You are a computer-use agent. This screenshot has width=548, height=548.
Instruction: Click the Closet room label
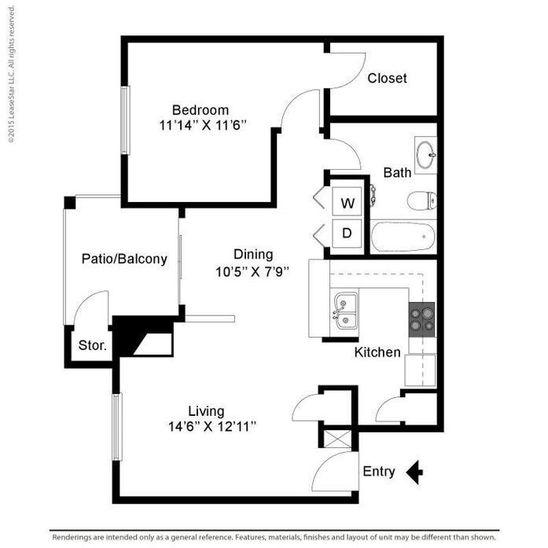[x=387, y=78]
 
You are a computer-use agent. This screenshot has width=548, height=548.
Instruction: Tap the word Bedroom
[x=200, y=110]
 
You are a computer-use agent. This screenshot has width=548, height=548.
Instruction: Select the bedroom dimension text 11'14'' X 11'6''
[x=203, y=124]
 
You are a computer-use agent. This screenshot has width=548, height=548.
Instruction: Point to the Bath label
[x=397, y=172]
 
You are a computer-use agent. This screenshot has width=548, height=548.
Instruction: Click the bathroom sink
[x=425, y=153]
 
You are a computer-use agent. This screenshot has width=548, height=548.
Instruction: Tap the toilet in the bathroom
[x=421, y=200]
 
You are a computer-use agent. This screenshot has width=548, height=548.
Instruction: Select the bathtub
[x=402, y=236]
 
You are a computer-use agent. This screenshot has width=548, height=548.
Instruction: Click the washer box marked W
[x=348, y=202]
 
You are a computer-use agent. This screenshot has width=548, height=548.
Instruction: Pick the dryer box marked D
[x=348, y=233]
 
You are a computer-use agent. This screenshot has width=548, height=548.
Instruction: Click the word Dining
[x=253, y=254]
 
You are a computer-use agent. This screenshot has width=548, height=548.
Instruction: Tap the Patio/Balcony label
[x=124, y=259]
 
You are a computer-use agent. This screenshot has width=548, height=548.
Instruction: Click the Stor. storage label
[x=93, y=345]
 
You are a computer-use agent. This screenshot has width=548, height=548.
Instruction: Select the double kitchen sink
[x=345, y=312]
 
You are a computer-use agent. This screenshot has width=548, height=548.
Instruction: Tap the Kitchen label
[x=377, y=352]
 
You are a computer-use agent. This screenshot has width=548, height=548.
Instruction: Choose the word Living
[x=206, y=411]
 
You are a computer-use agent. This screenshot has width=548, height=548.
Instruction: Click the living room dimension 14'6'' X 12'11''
[x=211, y=427]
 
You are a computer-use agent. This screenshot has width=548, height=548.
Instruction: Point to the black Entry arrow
[x=414, y=472]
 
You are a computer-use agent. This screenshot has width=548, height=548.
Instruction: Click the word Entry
[x=379, y=472]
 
